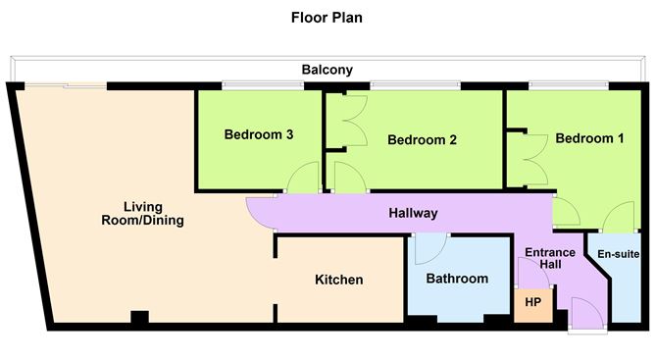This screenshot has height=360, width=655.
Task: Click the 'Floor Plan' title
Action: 327,18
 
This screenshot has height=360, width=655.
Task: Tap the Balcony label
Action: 327,70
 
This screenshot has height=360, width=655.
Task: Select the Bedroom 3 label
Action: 259,134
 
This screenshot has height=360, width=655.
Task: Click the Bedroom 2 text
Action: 422,139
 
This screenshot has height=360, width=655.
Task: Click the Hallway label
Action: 413,213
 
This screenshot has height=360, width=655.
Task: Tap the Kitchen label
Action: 338,280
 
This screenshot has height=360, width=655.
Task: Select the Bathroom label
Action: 457,279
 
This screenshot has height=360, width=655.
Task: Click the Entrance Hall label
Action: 549,260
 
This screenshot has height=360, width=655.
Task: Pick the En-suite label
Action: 619,254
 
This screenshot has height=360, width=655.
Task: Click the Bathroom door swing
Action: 428,249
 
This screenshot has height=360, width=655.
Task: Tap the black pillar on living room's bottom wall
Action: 139,318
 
